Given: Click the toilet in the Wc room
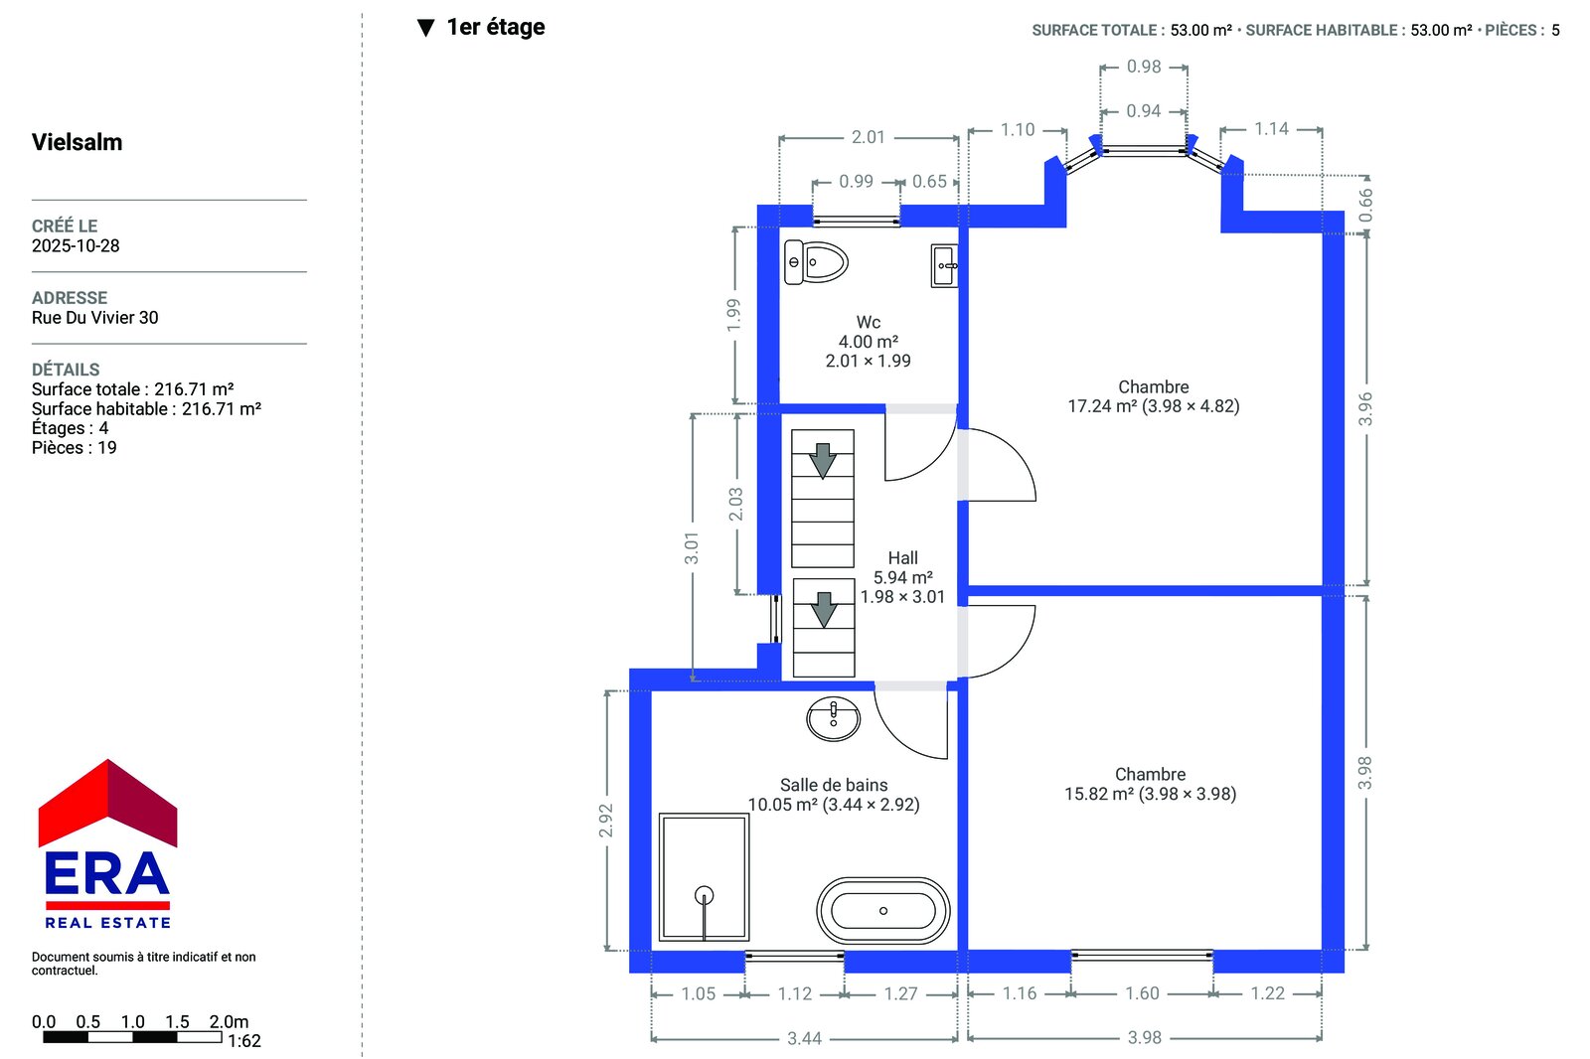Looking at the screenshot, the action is coord(816,262).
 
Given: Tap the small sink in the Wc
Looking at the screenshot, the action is coord(944,266).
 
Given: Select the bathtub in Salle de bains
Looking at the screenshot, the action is coord(883,911).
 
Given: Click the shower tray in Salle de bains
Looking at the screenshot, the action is coord(704,877).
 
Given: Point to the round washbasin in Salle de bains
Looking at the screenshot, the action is coord(834,719).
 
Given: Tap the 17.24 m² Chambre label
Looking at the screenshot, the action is coord(1154,396).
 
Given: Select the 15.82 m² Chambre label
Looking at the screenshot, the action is coord(1150,784).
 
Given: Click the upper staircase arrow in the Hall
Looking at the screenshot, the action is coord(823,461).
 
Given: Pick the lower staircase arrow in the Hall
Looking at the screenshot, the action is coord(824,610).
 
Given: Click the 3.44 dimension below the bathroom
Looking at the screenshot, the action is coord(804,1038).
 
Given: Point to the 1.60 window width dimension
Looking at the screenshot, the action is coord(1142,993).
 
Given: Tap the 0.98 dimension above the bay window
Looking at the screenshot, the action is coord(1144,67).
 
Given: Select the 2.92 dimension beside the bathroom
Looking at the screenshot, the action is coord(605,820).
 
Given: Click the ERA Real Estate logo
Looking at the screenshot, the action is coord(107,844).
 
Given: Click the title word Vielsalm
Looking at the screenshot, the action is coord(77,142).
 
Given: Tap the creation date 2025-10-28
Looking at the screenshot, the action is coord(76,245).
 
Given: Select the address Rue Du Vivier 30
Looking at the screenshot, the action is coord(94,317).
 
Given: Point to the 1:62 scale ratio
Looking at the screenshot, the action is coord(244,1041).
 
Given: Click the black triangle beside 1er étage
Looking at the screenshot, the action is coord(426,28).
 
